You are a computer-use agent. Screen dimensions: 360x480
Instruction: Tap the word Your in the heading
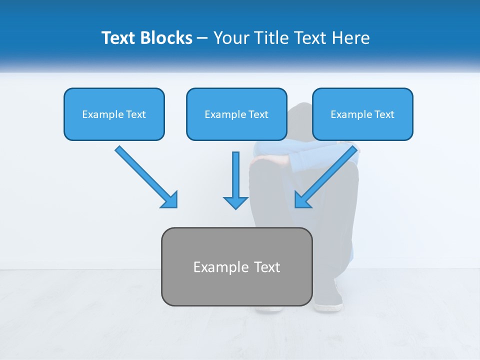pyautogui.click(x=229, y=38)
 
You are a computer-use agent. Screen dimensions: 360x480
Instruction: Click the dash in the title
pyautogui.click(x=202, y=38)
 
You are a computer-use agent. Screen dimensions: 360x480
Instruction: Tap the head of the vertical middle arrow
pyautogui.click(x=235, y=202)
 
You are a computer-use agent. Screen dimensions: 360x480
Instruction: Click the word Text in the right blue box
pyautogui.click(x=384, y=114)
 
